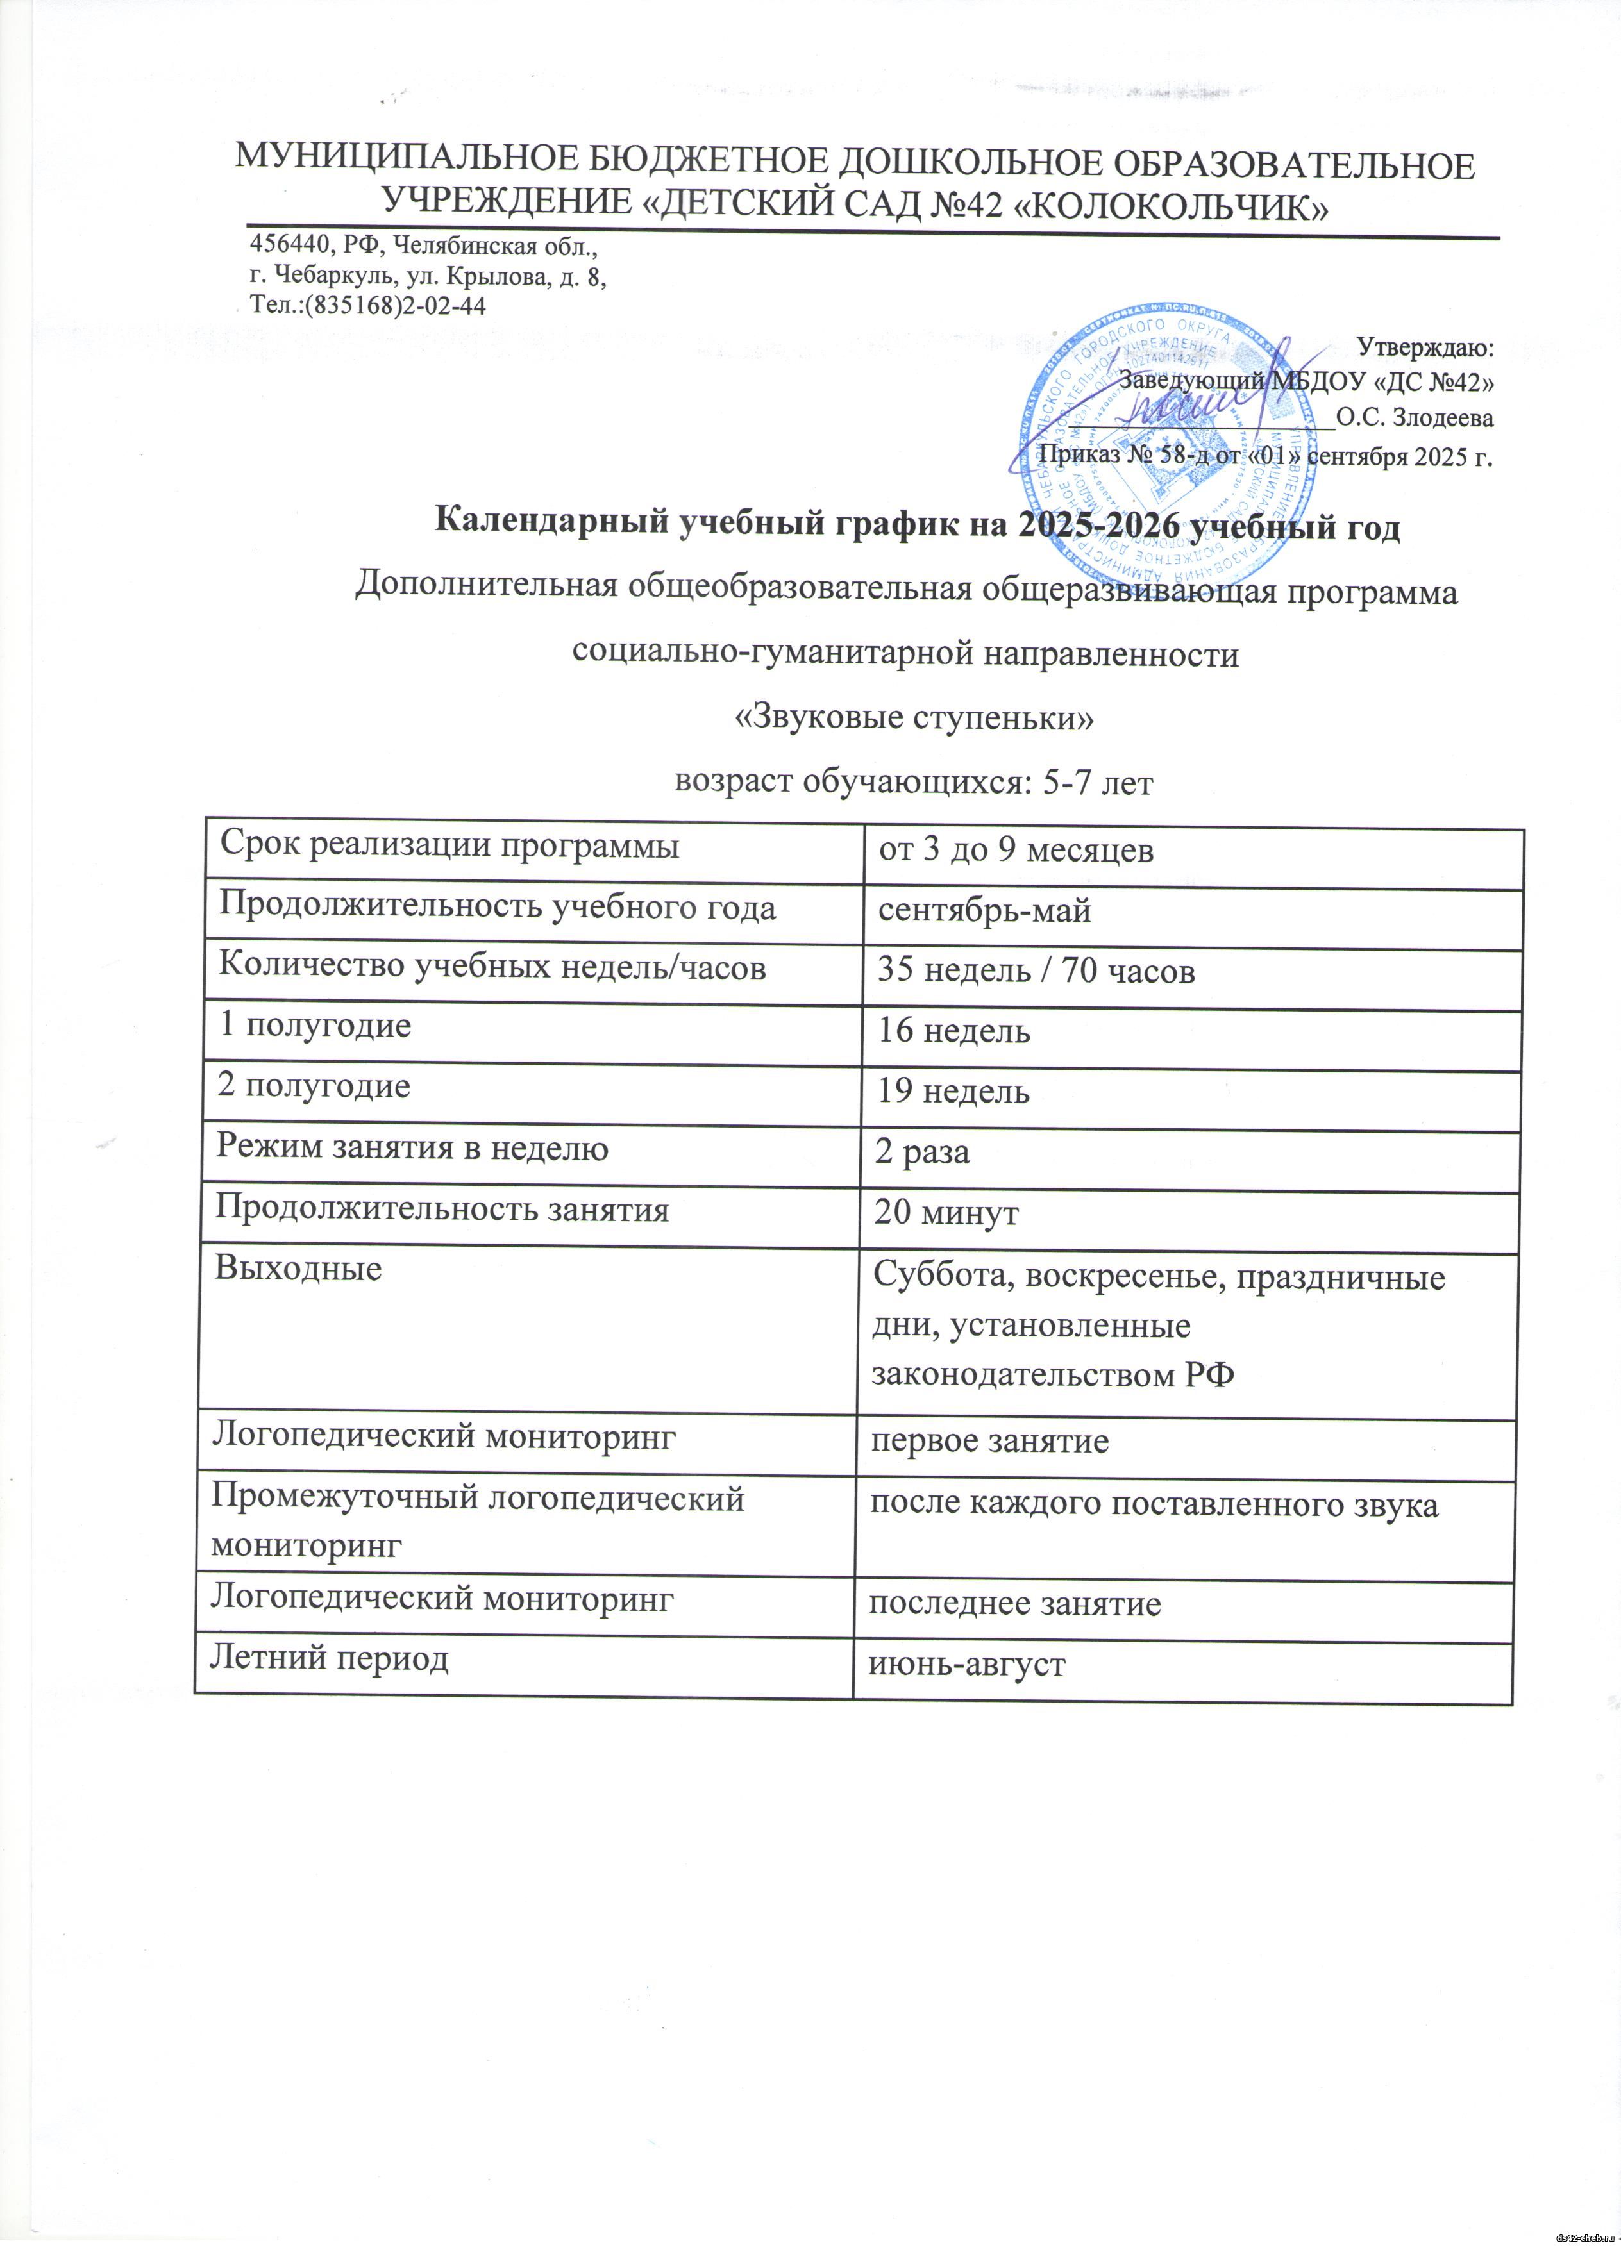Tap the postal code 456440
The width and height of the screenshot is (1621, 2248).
(x=289, y=246)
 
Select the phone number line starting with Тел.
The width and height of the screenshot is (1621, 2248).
(x=367, y=304)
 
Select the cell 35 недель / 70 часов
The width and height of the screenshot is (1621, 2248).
(x=1036, y=971)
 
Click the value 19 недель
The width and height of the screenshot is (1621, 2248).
(x=953, y=1091)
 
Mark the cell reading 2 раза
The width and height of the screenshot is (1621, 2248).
(x=922, y=1152)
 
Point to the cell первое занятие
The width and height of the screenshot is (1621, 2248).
(x=989, y=1441)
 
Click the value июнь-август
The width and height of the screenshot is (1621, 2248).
(x=967, y=1664)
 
